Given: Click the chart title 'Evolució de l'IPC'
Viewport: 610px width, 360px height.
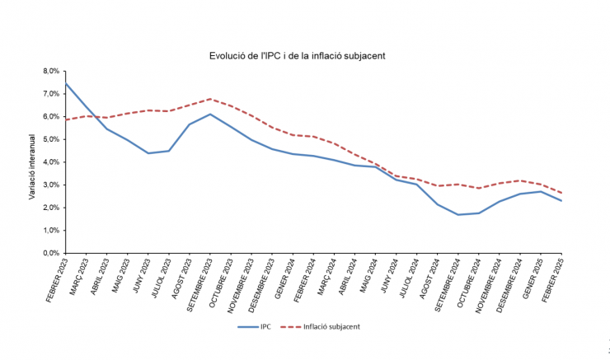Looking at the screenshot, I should pos(298,55).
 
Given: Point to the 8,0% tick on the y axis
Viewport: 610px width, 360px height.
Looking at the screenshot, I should pos(51,71).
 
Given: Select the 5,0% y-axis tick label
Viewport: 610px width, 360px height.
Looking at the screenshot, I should pos(51,139).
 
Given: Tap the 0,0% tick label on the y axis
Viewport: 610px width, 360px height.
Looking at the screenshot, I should pos(51,253).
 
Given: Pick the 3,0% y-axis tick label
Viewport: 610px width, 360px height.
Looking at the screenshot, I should pos(51,185).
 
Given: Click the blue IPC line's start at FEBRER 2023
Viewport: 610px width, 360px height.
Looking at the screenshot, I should pos(66,83).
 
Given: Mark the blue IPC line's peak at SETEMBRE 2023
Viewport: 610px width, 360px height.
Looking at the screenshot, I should pos(211,114).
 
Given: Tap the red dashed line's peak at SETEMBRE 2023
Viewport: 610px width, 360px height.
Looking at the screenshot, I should pos(211,99).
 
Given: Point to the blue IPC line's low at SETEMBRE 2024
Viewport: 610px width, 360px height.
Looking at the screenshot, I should pos(459,215).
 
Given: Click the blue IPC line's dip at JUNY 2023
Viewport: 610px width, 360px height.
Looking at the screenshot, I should pos(148,153).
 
